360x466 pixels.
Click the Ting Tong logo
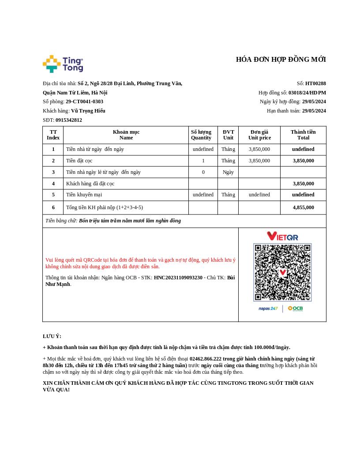click(x=63, y=64)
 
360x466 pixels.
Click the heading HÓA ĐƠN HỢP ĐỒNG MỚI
click(x=281, y=60)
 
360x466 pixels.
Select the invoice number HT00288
click(x=315, y=83)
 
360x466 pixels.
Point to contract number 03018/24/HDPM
click(x=307, y=93)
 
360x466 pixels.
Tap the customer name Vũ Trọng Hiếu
click(x=88, y=111)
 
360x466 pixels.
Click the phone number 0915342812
click(x=69, y=120)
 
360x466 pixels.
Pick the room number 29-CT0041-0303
click(x=84, y=101)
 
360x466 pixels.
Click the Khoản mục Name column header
click(x=126, y=135)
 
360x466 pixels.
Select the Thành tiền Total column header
click(x=303, y=135)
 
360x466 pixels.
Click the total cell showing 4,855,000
click(x=303, y=207)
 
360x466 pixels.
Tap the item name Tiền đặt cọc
click(x=79, y=161)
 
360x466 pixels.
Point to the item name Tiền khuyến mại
click(x=84, y=195)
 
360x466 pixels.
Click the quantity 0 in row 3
click(x=203, y=172)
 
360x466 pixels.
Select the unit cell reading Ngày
click(x=228, y=172)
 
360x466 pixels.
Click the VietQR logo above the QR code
click(x=282, y=236)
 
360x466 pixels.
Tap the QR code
click(x=282, y=272)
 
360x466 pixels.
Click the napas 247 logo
click(x=268, y=308)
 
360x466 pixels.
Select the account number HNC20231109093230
click(x=178, y=278)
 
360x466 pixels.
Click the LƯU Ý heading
click(x=52, y=336)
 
